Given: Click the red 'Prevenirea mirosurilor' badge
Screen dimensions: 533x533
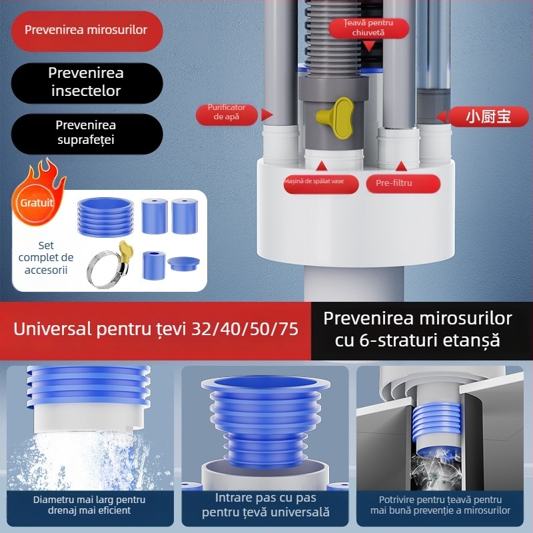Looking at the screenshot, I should point(86,31).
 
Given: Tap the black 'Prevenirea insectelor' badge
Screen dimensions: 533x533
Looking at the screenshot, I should point(86,82).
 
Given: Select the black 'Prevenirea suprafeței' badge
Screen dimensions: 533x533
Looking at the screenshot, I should point(86,133).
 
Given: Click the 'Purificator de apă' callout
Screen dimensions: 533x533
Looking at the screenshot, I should point(227,112).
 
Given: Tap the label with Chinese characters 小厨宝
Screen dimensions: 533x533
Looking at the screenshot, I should point(488,117).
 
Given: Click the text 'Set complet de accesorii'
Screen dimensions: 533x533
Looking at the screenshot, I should point(46,258).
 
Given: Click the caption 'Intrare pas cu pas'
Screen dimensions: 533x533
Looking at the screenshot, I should point(266,498).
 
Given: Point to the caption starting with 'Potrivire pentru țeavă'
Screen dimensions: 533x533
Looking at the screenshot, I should point(440,500).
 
